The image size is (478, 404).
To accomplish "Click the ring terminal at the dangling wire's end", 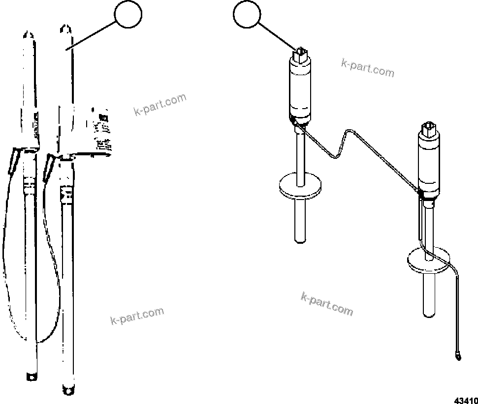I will pyautogui.click(x=458, y=354).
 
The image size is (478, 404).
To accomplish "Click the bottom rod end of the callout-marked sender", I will pyautogui.click(x=300, y=238).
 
